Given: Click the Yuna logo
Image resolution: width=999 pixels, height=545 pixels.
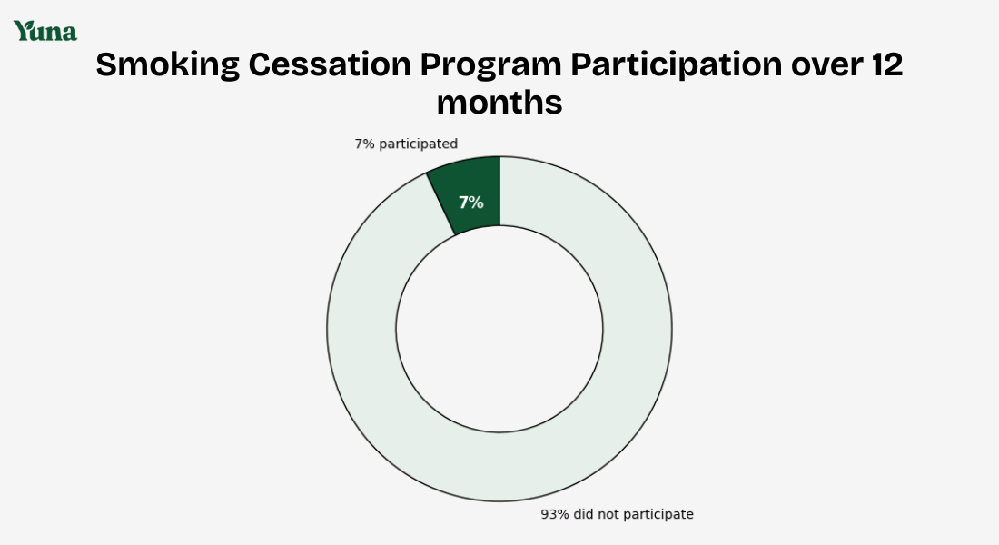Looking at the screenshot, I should pos(45,31).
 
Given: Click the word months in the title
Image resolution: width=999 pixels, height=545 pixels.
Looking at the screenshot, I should pos(499,103).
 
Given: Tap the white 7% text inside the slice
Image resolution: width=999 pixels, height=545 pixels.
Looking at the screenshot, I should pos(470,203).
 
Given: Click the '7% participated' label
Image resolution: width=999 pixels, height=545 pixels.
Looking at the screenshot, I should pos(406,144).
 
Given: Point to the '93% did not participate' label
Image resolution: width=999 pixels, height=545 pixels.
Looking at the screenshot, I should pos(617,514).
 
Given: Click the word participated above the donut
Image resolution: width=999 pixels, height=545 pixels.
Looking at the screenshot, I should pos(418,144).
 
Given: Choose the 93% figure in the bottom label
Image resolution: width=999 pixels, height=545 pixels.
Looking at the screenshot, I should pos(555,514).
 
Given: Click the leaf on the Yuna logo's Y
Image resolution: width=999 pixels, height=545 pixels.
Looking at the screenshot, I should pos(25,26).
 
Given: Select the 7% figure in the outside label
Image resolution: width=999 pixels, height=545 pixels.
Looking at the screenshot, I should pos(364,144).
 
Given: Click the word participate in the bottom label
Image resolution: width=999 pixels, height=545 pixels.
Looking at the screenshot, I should pos(659,514).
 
